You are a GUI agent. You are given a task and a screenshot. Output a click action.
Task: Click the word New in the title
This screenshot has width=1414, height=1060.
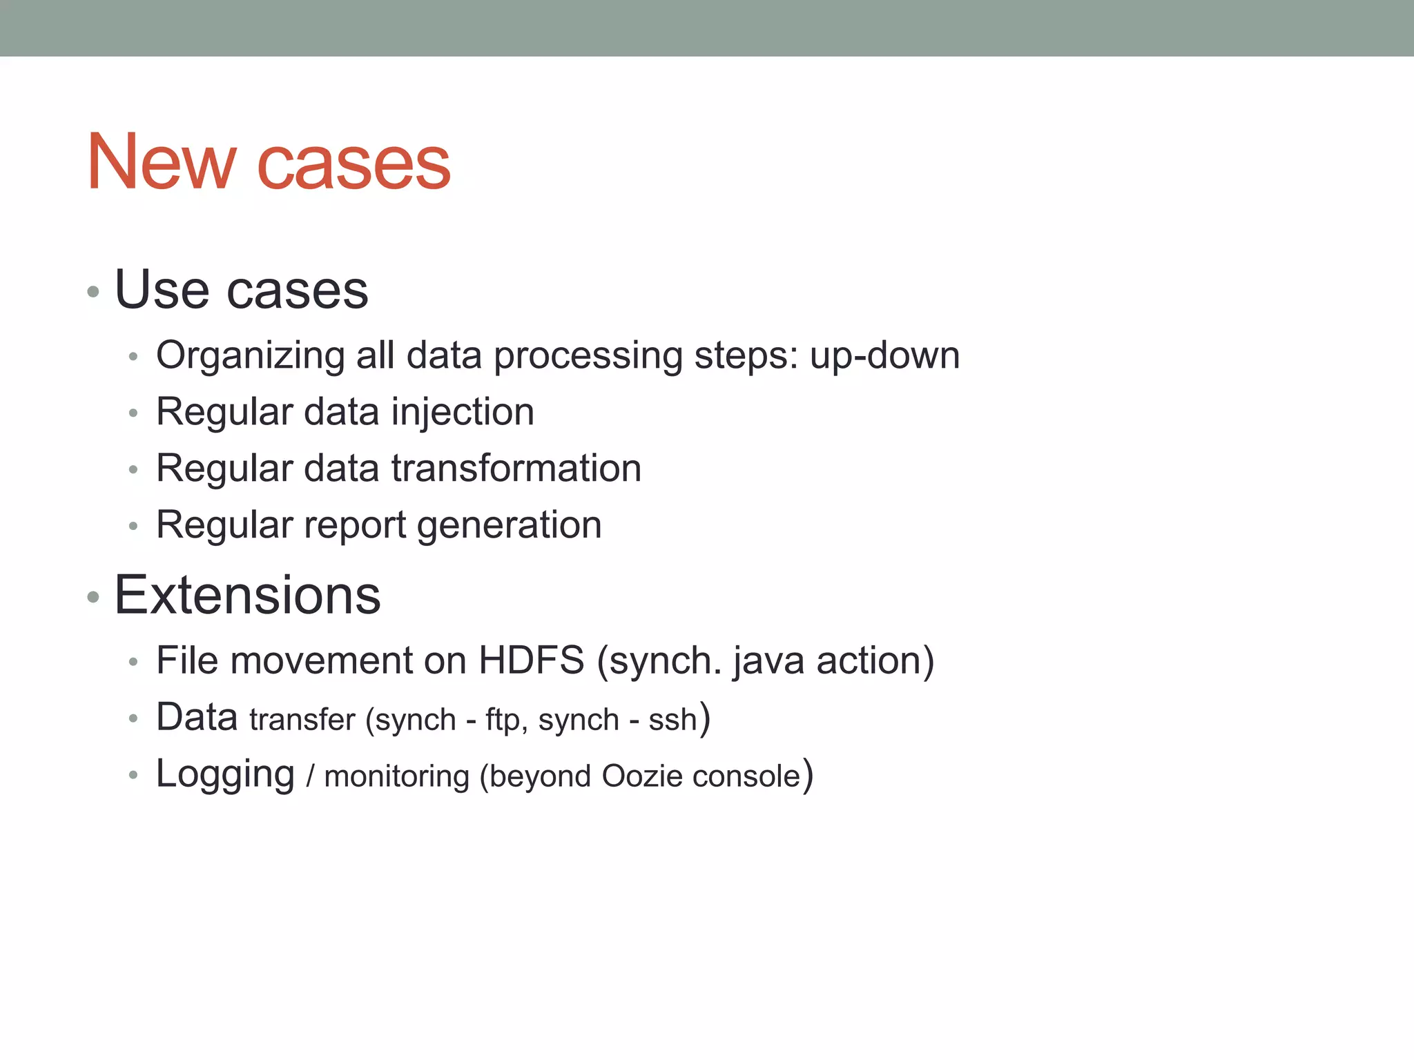click(161, 162)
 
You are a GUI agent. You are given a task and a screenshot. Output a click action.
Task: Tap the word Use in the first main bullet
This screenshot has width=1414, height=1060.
click(162, 289)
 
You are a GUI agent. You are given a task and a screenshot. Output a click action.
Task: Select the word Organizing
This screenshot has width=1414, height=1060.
click(250, 357)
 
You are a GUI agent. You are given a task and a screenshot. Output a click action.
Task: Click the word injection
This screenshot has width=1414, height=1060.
click(463, 413)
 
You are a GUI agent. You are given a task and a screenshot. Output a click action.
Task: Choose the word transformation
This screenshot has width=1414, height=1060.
click(516, 469)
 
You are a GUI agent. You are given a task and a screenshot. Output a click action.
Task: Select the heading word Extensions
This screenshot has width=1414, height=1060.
click(247, 595)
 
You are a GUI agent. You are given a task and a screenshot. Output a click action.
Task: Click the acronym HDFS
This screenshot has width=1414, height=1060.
click(532, 660)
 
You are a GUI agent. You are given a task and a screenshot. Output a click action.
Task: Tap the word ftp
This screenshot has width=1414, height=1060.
click(502, 720)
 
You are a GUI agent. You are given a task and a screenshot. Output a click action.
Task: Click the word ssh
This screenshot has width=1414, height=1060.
click(672, 720)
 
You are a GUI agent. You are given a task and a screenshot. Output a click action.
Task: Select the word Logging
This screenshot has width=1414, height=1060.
click(225, 775)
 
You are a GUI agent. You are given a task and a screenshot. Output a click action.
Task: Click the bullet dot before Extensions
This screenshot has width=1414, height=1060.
click(93, 597)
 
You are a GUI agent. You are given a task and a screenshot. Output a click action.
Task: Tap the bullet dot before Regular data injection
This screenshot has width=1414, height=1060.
click(133, 414)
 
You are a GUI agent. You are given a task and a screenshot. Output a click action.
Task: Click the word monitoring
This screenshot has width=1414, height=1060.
click(397, 777)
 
